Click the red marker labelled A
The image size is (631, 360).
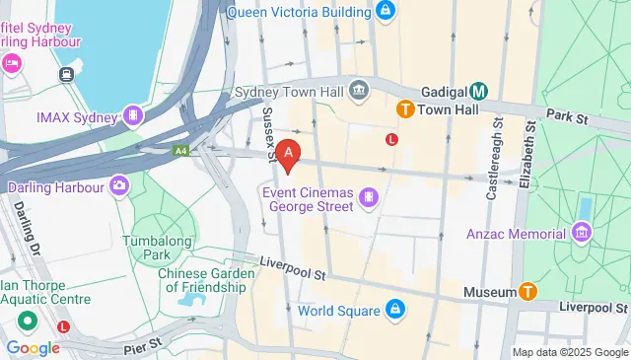pos(288,153)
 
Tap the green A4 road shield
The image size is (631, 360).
pos(180,151)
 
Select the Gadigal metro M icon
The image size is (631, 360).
pos(478,90)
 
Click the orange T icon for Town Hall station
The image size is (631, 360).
pos(404,108)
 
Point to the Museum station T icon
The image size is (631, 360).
pos(528,291)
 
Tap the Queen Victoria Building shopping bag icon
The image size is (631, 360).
pos(386,12)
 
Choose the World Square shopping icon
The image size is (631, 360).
pos(394,311)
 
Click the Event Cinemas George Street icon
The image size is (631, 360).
pos(369,198)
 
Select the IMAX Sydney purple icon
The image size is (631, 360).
pos(132,116)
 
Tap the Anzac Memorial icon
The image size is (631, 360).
pos(582,234)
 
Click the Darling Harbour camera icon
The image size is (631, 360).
pos(119,185)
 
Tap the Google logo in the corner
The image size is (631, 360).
pos(33,347)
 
